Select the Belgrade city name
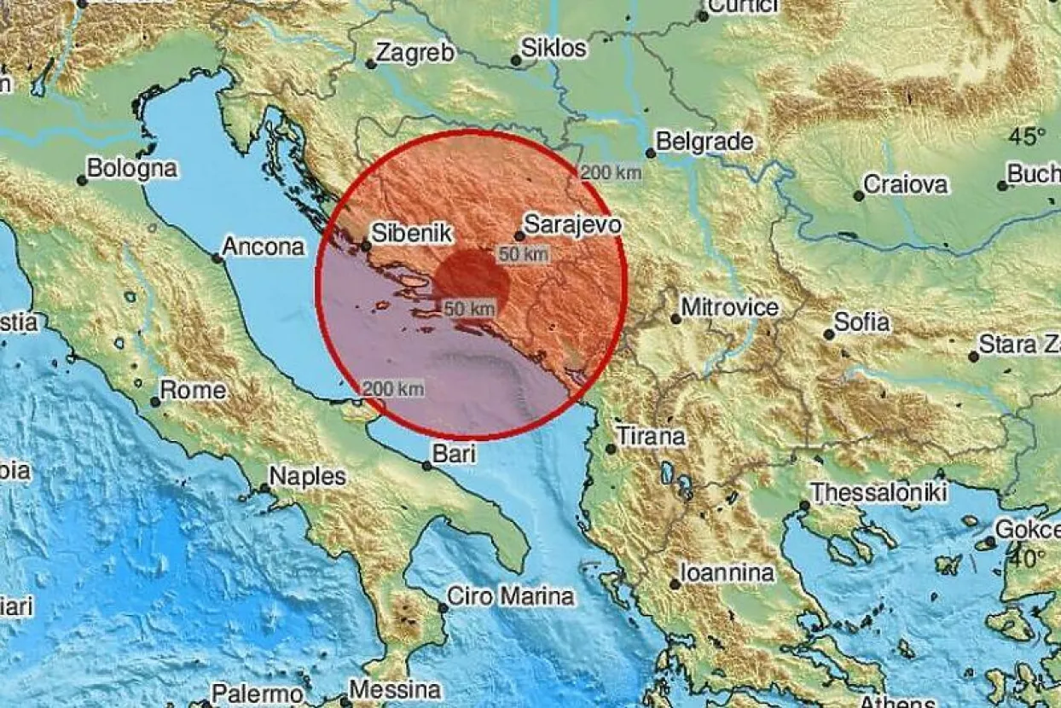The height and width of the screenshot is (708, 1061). click(705, 141)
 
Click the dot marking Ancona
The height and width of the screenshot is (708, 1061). click(217, 258)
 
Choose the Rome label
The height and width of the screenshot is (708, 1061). click(194, 391)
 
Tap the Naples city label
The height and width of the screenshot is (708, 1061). click(308, 476)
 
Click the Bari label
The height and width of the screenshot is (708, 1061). click(454, 455)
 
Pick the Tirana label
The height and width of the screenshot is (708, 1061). click(652, 437)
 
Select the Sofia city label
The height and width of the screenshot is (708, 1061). click(862, 322)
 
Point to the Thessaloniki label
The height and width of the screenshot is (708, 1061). click(879, 492)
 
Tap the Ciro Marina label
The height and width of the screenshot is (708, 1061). click(512, 596)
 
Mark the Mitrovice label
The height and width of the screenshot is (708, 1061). click(730, 307)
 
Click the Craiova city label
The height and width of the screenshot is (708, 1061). click(906, 184)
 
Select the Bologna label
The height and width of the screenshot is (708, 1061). click(132, 168)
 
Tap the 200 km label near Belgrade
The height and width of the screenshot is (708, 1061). click(611, 173)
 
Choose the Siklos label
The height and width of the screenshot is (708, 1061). click(554, 49)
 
